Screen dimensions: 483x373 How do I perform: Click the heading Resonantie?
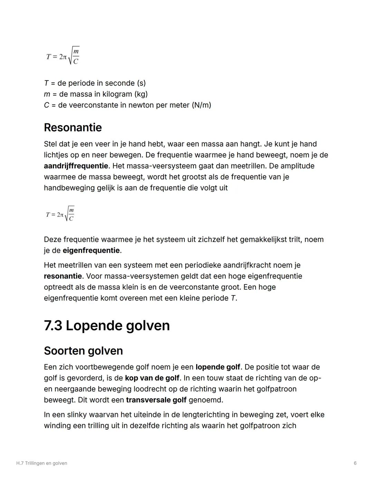[73, 128]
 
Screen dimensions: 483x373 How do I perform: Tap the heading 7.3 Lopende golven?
[107, 326]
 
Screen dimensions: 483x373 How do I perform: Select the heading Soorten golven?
[83, 351]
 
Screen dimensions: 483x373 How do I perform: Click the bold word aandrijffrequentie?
[76, 166]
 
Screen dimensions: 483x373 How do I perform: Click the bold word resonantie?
[63, 276]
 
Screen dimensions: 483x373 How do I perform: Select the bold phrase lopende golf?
[218, 367]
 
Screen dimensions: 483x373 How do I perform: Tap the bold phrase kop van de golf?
[152, 378]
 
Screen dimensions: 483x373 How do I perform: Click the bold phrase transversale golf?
[156, 400]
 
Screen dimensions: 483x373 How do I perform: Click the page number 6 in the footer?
[355, 463]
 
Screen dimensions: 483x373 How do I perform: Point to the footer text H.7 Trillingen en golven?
[42, 463]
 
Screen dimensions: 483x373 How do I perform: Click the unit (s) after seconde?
[141, 83]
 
